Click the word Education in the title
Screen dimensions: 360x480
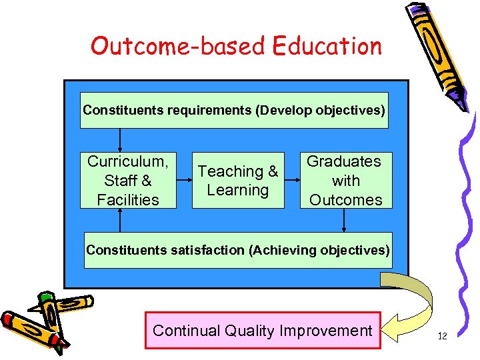(x=326, y=46)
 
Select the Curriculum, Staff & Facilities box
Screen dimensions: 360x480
(x=128, y=180)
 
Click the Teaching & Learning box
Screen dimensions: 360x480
(x=238, y=181)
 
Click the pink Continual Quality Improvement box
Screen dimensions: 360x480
(x=263, y=330)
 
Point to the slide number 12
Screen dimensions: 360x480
(x=442, y=336)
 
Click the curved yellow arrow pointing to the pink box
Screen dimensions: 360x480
(x=413, y=300)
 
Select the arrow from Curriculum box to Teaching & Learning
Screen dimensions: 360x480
(x=185, y=180)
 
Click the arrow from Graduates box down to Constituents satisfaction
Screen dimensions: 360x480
(x=344, y=220)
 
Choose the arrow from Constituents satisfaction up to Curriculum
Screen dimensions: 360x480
(x=120, y=220)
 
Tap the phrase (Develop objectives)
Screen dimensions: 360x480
(x=321, y=110)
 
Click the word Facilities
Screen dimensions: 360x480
(x=128, y=199)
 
